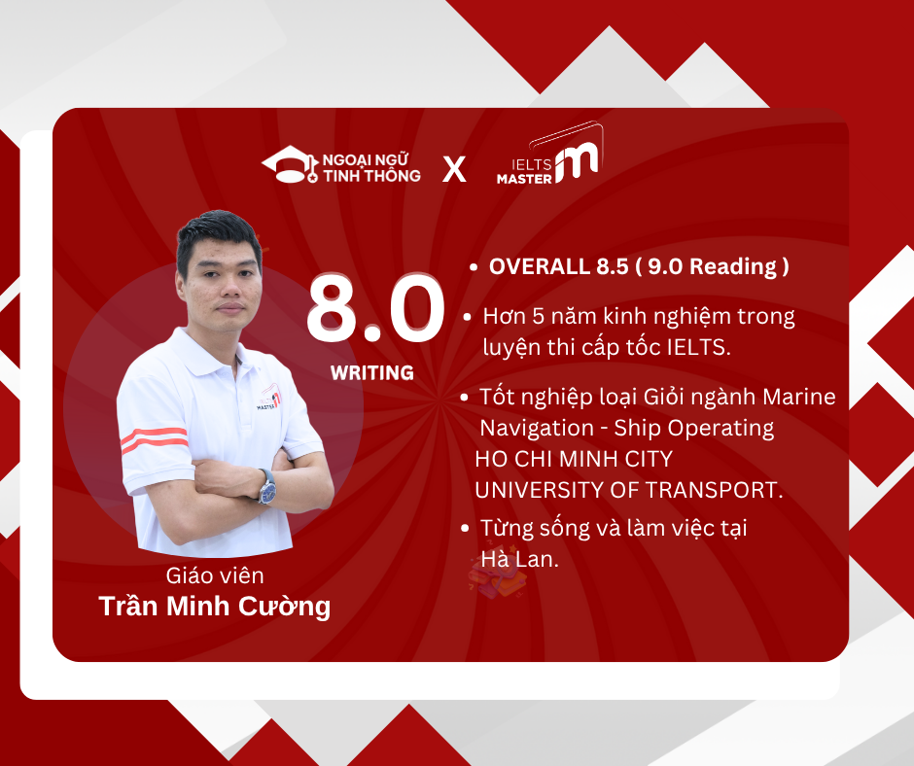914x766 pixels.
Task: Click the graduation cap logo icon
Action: tap(290, 164)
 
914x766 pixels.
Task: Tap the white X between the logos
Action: tap(454, 169)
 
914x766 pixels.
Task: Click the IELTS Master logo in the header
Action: tap(549, 155)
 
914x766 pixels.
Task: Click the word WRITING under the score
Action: tap(371, 372)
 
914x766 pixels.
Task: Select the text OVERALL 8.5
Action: tap(558, 266)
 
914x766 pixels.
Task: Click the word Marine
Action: tap(799, 397)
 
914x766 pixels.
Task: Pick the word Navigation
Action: tap(537, 429)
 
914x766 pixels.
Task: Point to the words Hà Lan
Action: tap(520, 559)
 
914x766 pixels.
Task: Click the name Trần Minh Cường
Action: tap(215, 607)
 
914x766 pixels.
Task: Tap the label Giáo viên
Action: tap(215, 575)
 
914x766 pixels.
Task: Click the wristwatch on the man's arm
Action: tap(267, 485)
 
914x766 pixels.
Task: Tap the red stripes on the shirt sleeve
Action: tap(155, 439)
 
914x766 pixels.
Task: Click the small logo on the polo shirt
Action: tap(268, 399)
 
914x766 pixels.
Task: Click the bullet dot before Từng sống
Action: tap(465, 528)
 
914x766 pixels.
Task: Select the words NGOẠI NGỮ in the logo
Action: tap(366, 159)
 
